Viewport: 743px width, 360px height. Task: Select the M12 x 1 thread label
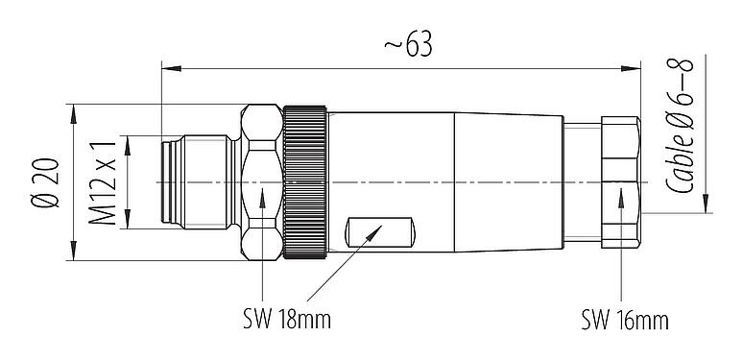pyautogui.click(x=107, y=182)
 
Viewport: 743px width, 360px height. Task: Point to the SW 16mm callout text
pyautogui.click(x=624, y=318)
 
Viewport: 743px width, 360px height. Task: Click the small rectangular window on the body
pyautogui.click(x=380, y=233)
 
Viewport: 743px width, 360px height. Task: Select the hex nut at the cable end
pyautogui.click(x=621, y=181)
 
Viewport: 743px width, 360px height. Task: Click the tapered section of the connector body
pyautogui.click(x=509, y=181)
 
